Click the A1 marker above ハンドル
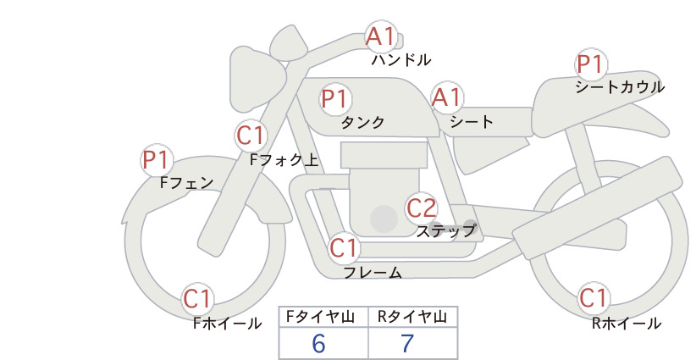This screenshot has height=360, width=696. (381, 36)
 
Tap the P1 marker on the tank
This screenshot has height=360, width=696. (336, 98)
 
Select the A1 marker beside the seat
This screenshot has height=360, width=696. (447, 97)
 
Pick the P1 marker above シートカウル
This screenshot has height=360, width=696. (591, 64)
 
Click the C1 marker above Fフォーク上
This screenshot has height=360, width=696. (251, 136)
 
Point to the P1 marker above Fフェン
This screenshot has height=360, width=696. (157, 160)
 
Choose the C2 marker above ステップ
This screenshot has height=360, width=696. (422, 208)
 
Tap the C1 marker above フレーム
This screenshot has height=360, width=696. (344, 247)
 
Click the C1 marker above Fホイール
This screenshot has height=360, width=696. (197, 299)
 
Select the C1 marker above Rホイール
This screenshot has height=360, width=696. (593, 298)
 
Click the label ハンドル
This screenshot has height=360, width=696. (401, 60)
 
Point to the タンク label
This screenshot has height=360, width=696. (362, 123)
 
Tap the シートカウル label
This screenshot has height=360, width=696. (620, 87)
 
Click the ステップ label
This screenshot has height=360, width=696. (446, 231)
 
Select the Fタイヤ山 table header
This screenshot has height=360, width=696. (320, 317)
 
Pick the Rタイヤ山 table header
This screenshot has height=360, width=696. (412, 317)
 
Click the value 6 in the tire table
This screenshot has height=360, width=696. (318, 344)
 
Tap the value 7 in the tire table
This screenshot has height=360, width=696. (407, 344)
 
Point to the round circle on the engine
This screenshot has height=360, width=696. (384, 219)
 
